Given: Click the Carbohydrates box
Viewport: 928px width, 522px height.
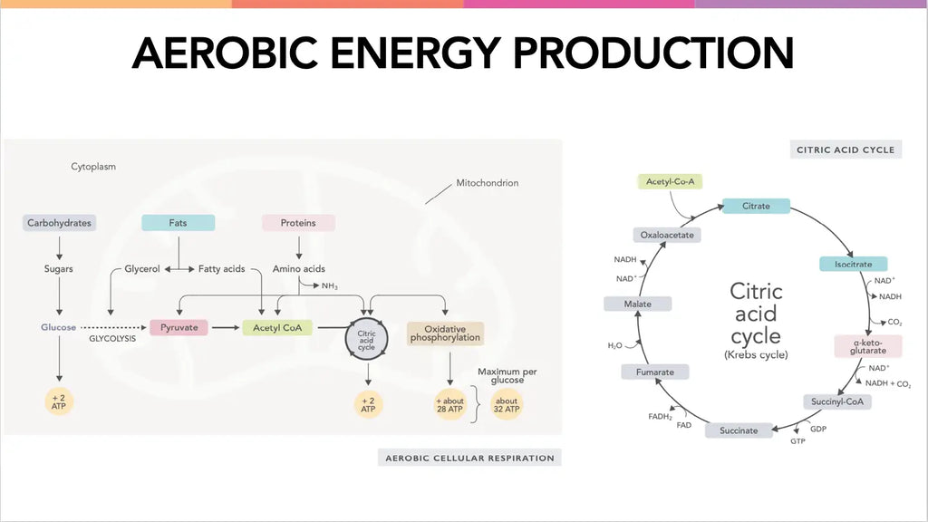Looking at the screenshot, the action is (59, 223).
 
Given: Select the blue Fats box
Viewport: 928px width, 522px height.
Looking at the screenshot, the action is (179, 223).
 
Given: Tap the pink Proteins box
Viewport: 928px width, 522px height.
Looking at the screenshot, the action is (298, 223).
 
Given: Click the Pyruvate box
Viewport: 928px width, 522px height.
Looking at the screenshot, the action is (179, 327).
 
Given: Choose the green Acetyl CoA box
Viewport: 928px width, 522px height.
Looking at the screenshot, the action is (277, 327).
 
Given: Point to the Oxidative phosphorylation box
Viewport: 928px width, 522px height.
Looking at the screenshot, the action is (445, 333).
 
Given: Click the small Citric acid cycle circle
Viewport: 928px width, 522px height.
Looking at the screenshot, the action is (366, 340).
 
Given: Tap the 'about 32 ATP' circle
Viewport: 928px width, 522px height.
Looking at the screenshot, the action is (507, 405).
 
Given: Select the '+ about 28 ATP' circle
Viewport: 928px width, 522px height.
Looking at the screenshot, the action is (449, 405).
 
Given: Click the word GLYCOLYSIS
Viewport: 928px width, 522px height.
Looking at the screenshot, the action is (112, 339).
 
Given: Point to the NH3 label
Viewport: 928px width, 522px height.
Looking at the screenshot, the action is (330, 286).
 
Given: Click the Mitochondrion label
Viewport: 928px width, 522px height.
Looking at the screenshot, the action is (487, 183).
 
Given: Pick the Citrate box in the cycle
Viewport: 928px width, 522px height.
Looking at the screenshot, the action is (757, 206).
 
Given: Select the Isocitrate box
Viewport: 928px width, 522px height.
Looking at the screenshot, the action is (854, 264).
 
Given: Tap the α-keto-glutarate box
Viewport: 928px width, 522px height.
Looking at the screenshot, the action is (868, 346).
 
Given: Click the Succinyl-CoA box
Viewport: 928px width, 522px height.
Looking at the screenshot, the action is (837, 401).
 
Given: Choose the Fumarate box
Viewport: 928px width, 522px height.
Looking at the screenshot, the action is (655, 372).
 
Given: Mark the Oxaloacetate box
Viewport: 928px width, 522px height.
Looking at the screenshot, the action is (667, 235).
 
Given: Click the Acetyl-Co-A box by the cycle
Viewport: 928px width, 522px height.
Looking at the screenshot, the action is (670, 181).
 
